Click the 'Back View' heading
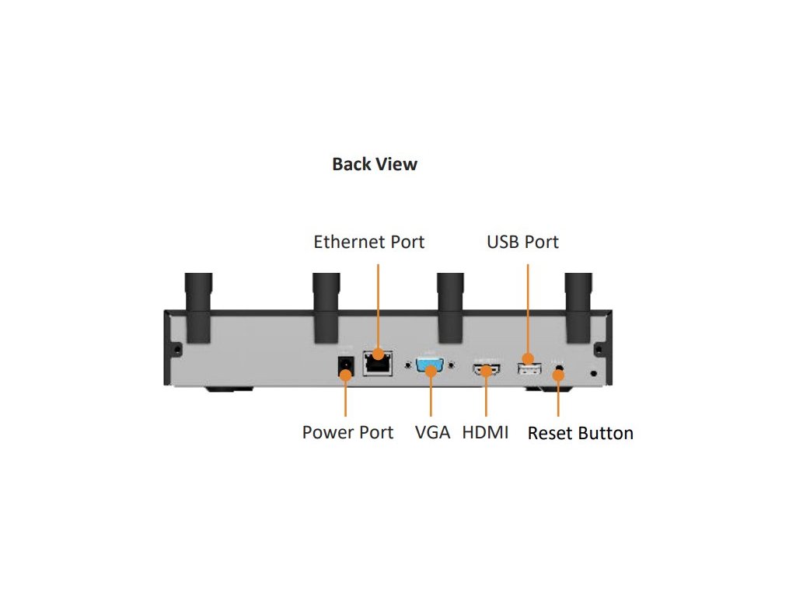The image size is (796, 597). pyautogui.click(x=375, y=164)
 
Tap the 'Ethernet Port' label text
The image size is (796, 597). pyautogui.click(x=369, y=242)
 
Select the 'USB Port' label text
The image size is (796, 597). pyautogui.click(x=522, y=242)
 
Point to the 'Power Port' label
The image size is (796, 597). pyautogui.click(x=347, y=432)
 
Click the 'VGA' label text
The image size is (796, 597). pyautogui.click(x=432, y=432)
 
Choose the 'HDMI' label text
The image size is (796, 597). pyautogui.click(x=485, y=432)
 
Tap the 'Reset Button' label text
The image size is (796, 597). pyautogui.click(x=580, y=433)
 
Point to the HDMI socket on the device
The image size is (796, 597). pyautogui.click(x=487, y=368)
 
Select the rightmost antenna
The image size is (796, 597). pyautogui.click(x=579, y=307)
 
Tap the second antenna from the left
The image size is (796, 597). pyautogui.click(x=324, y=307)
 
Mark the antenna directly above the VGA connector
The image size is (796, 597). pyautogui.click(x=450, y=307)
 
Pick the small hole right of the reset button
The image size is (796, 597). pyautogui.click(x=595, y=373)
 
